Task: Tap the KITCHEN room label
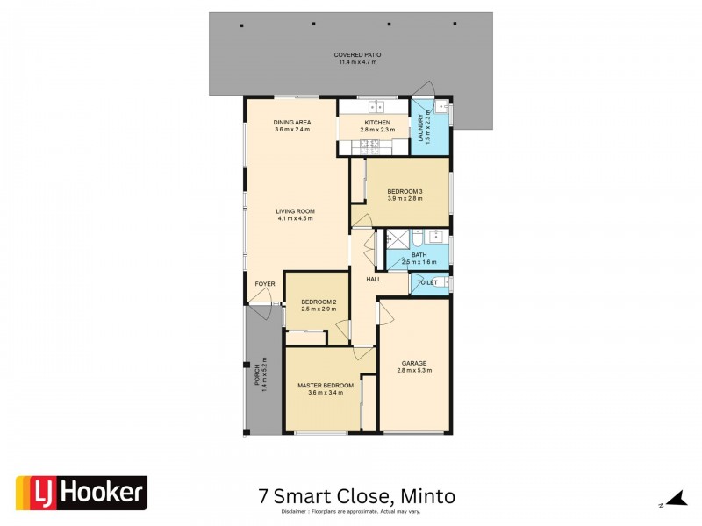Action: point(377,123)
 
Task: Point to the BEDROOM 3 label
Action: point(405,192)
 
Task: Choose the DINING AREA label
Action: point(292,123)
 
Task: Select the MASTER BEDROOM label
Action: point(325,386)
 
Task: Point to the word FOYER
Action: point(265,284)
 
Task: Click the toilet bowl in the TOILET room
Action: point(441,282)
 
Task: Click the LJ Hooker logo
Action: point(82,493)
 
